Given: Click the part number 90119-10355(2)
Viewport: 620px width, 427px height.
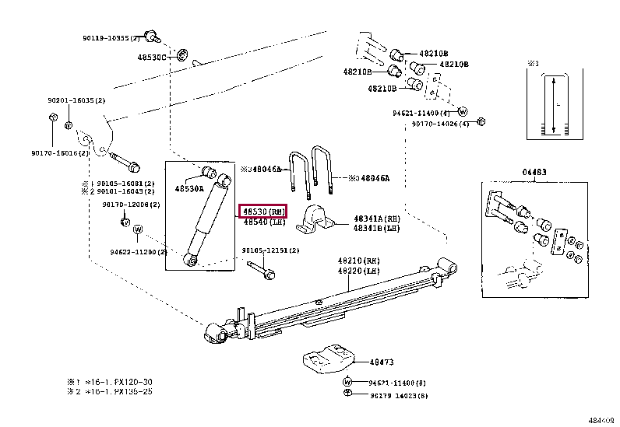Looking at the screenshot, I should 110,37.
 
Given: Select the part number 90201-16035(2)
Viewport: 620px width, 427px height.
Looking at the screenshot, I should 76,100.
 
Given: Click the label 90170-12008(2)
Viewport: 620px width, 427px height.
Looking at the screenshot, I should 130,204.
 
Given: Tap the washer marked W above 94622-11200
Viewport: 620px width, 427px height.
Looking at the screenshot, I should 138,229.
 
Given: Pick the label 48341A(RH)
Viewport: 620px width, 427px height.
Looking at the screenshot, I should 377,219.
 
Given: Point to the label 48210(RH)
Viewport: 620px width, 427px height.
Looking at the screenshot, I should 359,261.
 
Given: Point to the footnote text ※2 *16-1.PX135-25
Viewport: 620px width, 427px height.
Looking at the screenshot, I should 111,390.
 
